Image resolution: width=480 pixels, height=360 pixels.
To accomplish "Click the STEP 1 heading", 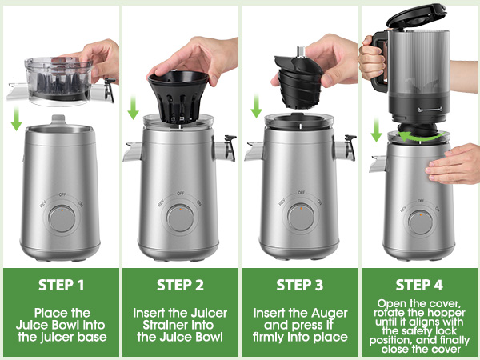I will click(59, 285).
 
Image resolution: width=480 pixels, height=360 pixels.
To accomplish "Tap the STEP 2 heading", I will click(180, 285).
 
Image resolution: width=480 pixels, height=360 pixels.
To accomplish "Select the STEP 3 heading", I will click(300, 285).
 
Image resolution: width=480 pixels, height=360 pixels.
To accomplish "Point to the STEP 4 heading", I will click(420, 285).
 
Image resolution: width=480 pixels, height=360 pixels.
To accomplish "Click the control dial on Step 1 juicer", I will click(58, 219).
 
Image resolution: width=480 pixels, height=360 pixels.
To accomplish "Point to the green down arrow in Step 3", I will click(256, 106).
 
